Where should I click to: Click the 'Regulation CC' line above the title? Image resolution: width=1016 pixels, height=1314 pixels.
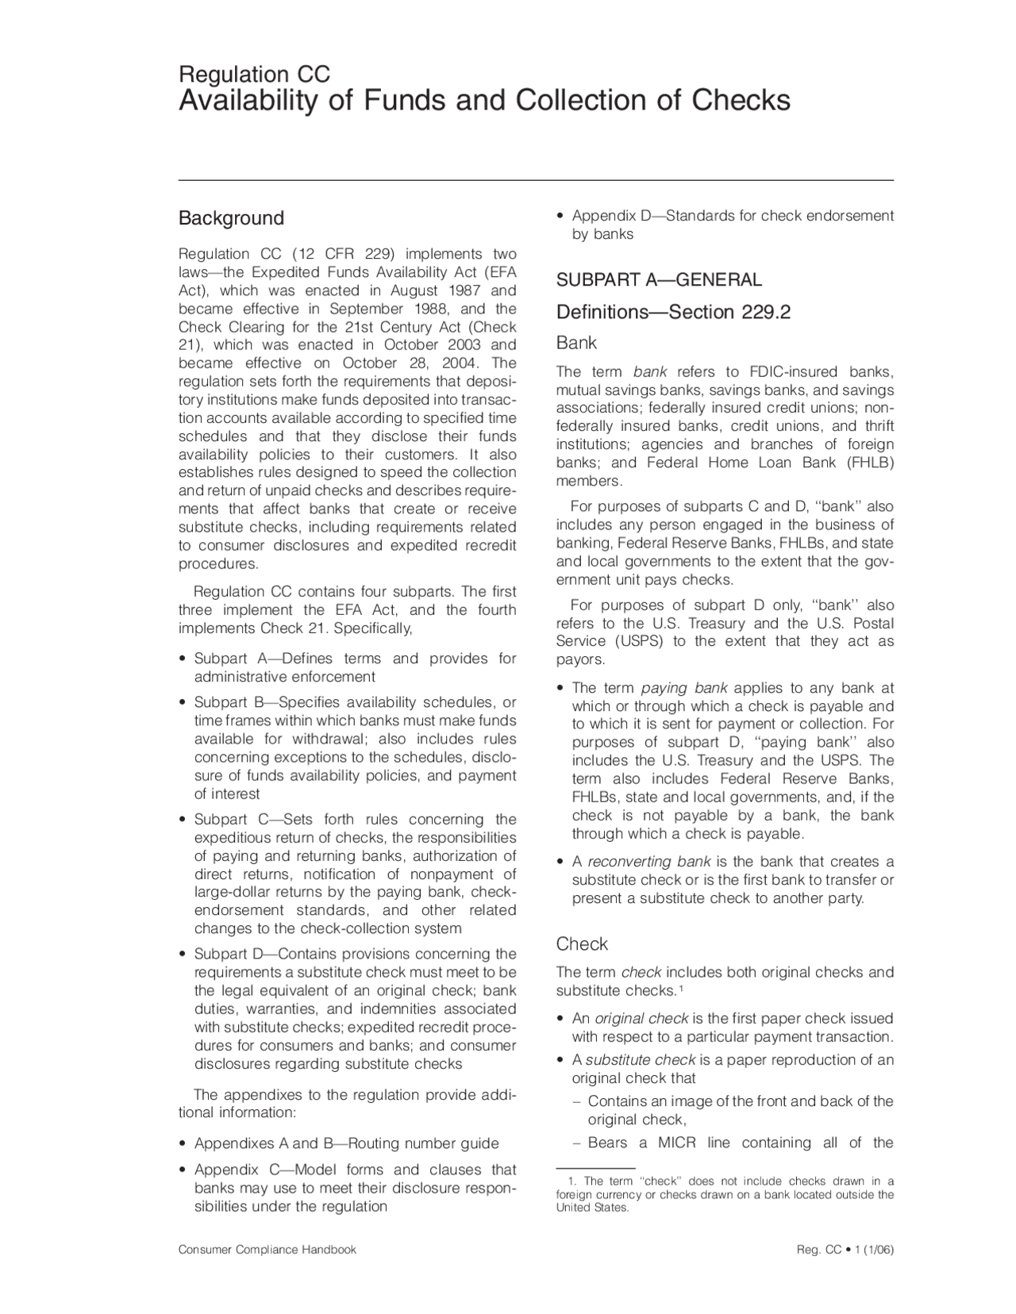tap(254, 75)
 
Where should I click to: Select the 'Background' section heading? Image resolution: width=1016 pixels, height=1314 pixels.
tap(231, 218)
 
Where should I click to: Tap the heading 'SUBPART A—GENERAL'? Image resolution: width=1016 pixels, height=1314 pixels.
tap(658, 279)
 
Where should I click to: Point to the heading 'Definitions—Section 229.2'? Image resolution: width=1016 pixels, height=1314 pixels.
tap(673, 312)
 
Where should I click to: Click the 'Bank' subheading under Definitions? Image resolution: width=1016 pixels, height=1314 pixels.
tap(576, 343)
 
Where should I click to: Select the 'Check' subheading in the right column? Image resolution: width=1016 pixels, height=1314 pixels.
tap(582, 943)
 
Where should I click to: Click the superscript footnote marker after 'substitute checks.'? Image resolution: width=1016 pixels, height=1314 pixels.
tap(681, 988)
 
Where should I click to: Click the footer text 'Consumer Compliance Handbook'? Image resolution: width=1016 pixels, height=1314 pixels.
tap(267, 1250)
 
